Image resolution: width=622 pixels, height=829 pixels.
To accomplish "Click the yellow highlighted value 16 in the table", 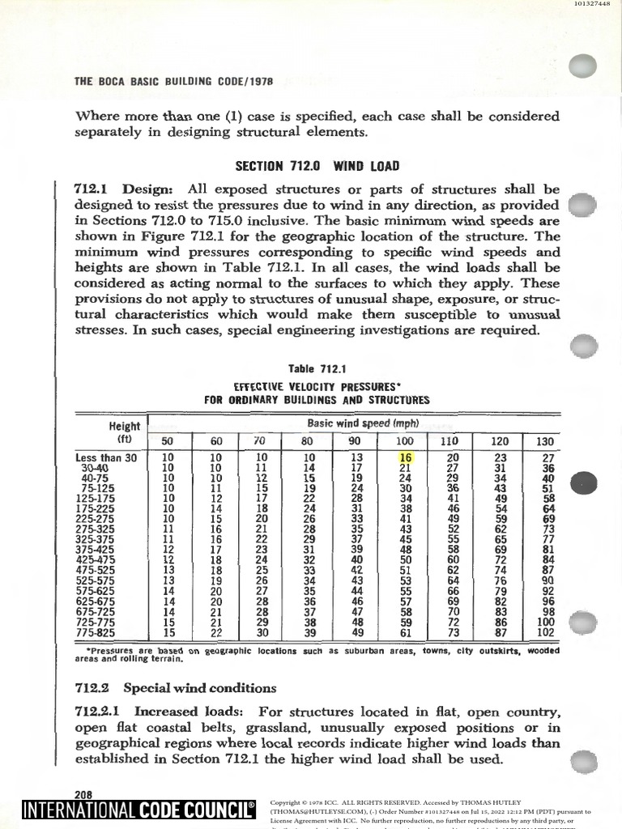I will tap(407, 457).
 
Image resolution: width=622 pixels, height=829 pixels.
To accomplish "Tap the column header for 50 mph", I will tap(168, 441).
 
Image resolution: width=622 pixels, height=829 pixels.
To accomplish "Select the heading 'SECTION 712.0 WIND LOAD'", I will tap(317, 166).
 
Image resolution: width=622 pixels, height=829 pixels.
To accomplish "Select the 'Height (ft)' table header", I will tap(124, 432).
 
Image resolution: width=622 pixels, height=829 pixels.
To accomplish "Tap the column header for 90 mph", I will tap(355, 441).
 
